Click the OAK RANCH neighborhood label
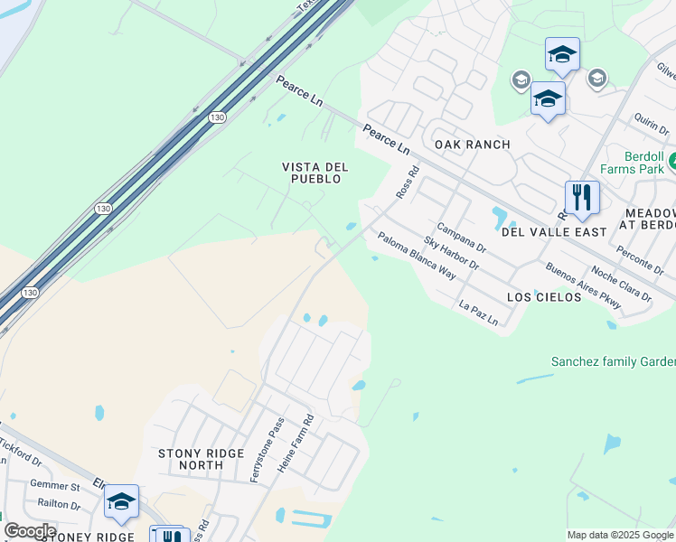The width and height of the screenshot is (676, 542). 473,145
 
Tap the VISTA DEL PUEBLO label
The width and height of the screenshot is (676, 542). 312,173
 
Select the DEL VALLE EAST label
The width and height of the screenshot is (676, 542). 554,232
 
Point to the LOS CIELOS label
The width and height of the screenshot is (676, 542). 544,296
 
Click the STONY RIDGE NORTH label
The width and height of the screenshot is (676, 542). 202,459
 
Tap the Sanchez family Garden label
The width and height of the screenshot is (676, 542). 613,361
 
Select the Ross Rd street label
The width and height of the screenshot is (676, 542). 408,182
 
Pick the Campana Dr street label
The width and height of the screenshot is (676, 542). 462,239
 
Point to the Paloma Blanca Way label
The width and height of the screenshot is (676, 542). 417,256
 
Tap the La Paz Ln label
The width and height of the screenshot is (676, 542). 479,313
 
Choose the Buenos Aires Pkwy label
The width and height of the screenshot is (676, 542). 583,286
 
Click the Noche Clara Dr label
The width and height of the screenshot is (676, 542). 621,284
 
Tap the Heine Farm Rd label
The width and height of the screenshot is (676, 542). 296,444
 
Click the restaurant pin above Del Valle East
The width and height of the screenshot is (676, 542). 582,198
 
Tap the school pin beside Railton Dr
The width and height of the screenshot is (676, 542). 120,502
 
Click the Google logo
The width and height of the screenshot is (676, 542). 30,531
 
